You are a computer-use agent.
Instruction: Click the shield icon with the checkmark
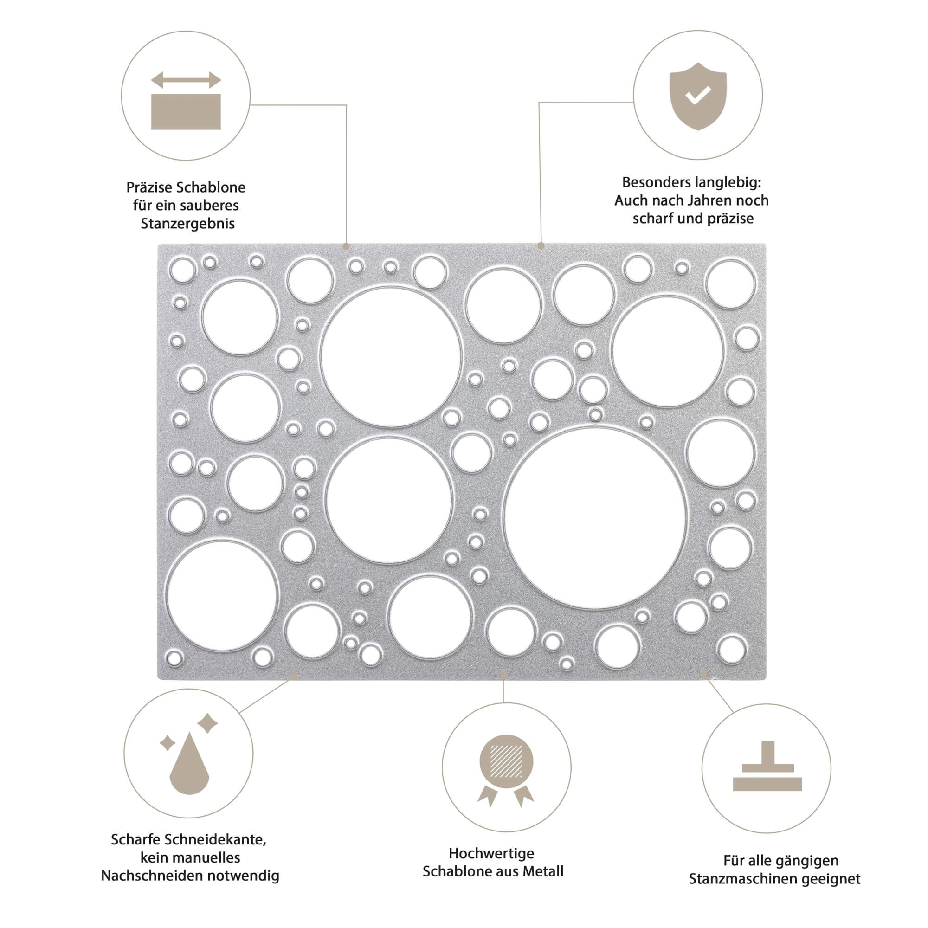tap(697, 96)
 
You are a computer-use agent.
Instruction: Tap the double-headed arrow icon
tap(186, 80)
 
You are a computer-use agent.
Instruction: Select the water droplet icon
tap(189, 763)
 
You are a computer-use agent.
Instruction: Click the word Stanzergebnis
tap(188, 224)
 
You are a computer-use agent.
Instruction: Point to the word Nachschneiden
tap(153, 876)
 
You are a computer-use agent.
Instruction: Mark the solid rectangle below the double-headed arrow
tap(186, 111)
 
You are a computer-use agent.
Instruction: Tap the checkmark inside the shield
tap(698, 95)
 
